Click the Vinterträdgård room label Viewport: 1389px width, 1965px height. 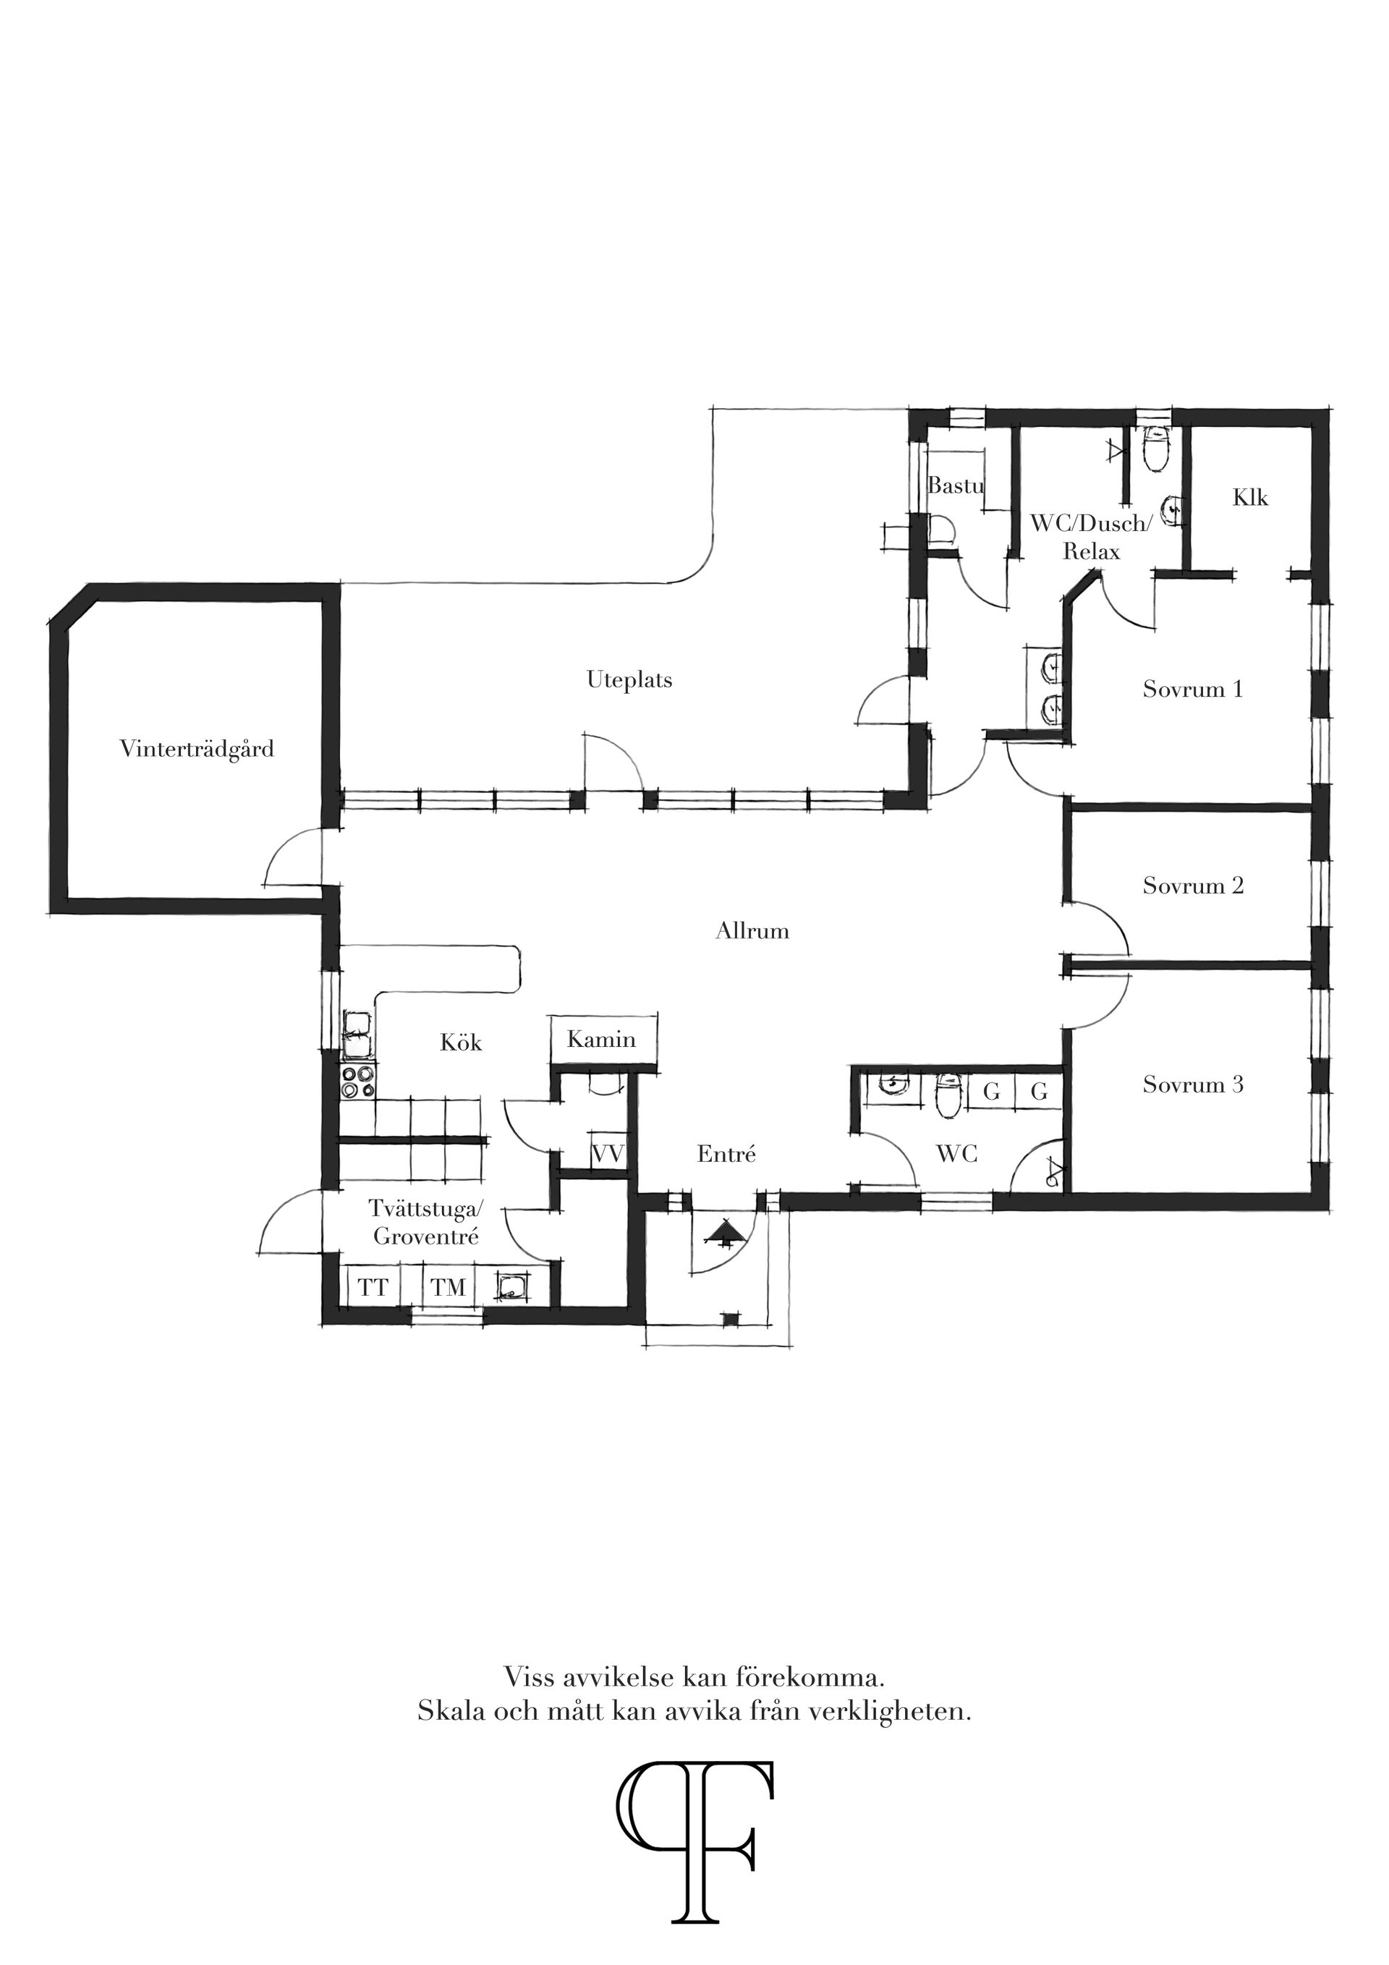pyautogui.click(x=197, y=750)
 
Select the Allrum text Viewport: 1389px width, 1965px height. pyautogui.click(x=752, y=931)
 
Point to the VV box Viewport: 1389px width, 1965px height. pyautogui.click(x=608, y=1152)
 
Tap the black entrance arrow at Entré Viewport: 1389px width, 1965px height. pyautogui.click(x=724, y=1232)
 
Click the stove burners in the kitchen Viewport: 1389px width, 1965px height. pyautogui.click(x=357, y=1082)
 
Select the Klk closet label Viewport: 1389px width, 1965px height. pyautogui.click(x=1250, y=497)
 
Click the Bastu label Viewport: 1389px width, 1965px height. pyautogui.click(x=955, y=485)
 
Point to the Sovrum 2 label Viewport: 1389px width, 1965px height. pyautogui.click(x=1192, y=886)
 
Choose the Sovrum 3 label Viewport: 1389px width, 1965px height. pyautogui.click(x=1192, y=1085)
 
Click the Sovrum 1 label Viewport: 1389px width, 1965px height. pyautogui.click(x=1192, y=689)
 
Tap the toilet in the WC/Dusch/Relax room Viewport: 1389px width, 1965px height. pyautogui.click(x=1156, y=451)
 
